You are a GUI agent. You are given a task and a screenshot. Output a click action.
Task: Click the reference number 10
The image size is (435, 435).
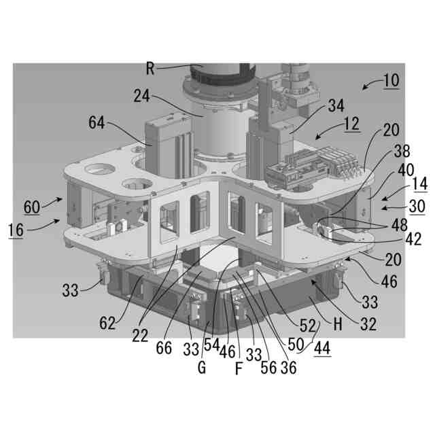pos(391,80)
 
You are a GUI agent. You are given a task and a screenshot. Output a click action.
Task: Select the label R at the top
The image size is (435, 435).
pos(150,69)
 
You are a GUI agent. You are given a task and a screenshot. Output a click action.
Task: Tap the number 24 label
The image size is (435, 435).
pos(142,96)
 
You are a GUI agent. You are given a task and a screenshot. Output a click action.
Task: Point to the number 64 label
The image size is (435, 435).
pos(97,122)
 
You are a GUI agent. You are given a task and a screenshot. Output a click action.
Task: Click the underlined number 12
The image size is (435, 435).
pos(351,124)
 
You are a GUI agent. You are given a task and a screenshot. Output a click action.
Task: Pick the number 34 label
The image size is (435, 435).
pos(336,106)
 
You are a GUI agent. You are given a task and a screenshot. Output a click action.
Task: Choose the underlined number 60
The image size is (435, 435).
pos(32,207)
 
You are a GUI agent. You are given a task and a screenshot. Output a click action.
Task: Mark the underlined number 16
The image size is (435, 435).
pos(16,230)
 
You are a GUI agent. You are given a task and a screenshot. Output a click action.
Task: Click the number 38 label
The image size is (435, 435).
pos(402,151)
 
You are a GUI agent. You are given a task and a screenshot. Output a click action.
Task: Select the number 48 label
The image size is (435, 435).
pos(399,225)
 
